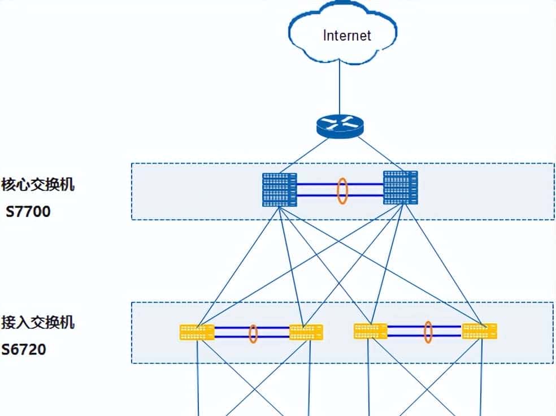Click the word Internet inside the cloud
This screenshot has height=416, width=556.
coord(347,35)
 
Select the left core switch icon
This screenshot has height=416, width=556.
coord(280,189)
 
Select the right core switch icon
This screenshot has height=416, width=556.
coord(400,187)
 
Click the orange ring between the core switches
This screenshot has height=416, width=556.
coord(342,191)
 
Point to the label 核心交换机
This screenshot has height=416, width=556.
coord(38,185)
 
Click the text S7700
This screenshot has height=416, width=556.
coord(28,212)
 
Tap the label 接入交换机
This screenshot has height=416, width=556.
coord(38,322)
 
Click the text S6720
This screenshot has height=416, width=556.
coord(24,349)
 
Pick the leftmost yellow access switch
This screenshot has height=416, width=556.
coord(197,332)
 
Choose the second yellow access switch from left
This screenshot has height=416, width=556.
coord(306,332)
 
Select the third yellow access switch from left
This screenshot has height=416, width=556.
coord(371,331)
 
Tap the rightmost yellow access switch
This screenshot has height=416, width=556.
coord(479,331)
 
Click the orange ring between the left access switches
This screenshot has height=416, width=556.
coord(253,333)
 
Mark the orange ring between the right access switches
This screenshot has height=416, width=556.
coord(428,332)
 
